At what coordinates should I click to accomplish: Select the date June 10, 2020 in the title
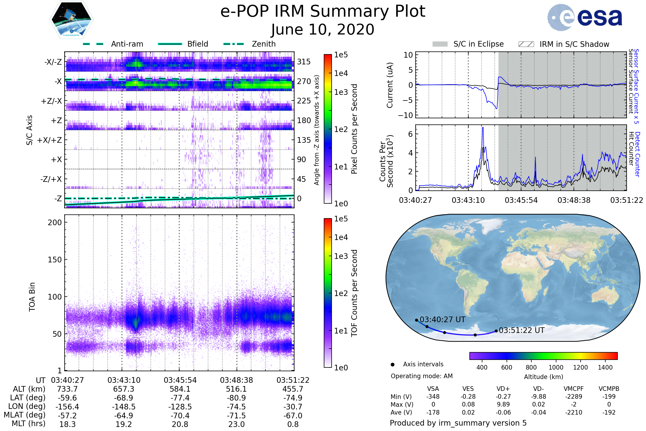pyautogui.click(x=322, y=29)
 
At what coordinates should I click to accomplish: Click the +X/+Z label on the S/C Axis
pyautogui.click(x=50, y=140)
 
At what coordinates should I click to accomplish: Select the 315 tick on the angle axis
pyautogui.click(x=304, y=62)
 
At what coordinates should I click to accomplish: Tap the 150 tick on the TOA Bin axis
pyautogui.click(x=55, y=260)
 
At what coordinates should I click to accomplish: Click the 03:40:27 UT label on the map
pyautogui.click(x=443, y=320)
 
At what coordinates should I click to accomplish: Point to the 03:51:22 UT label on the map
pyautogui.click(x=522, y=331)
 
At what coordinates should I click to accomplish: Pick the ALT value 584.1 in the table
pyautogui.click(x=180, y=389)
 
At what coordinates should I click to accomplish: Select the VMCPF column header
pyautogui.click(x=574, y=389)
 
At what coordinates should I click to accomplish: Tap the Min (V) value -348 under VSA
pyautogui.click(x=433, y=397)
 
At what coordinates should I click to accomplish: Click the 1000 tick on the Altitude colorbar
pyautogui.click(x=556, y=367)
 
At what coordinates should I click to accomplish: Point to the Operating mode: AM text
pyautogui.click(x=422, y=376)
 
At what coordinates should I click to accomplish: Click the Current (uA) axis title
pyautogui.click(x=390, y=85)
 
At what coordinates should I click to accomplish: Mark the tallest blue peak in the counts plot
pyautogui.click(x=483, y=128)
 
